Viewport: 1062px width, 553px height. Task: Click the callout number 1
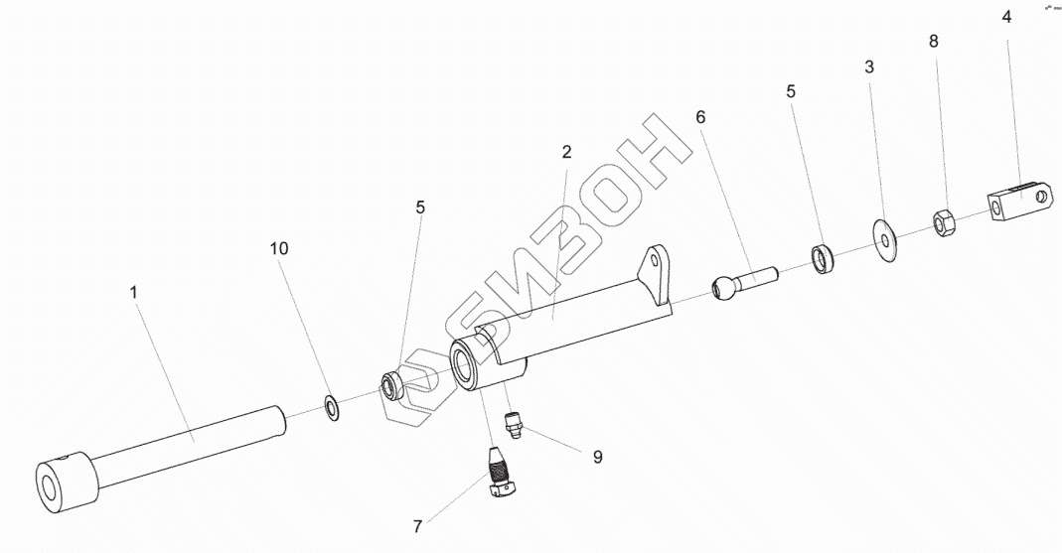click(x=134, y=293)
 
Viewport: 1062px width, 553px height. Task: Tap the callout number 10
click(x=279, y=248)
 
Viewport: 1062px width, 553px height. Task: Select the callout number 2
click(x=566, y=152)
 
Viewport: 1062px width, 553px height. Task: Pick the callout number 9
click(x=597, y=457)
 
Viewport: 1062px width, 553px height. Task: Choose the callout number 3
click(x=869, y=68)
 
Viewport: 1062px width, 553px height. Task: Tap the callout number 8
click(x=933, y=42)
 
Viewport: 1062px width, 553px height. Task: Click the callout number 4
click(x=1006, y=17)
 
